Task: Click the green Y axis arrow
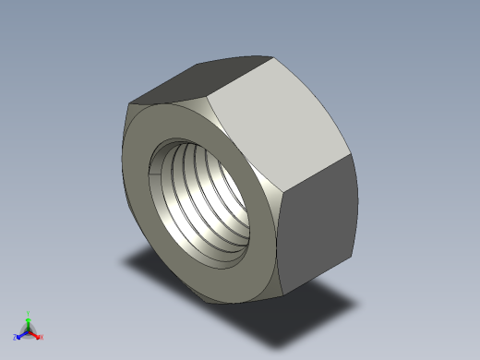click(29, 320)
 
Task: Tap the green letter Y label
click(29, 313)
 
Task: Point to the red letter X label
click(42, 338)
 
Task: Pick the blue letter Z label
click(16, 338)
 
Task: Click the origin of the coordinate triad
click(29, 330)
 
